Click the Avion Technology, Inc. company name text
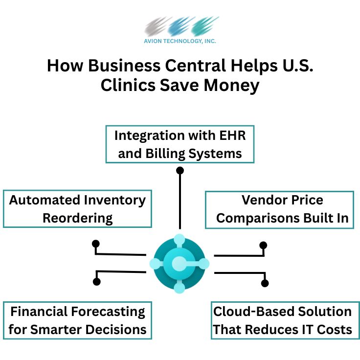click(x=180, y=41)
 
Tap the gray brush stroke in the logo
click(x=157, y=26)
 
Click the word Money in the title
click(x=231, y=86)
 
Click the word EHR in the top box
click(x=232, y=135)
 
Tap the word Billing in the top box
click(x=165, y=154)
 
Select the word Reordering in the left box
click(x=78, y=218)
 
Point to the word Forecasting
click(x=108, y=312)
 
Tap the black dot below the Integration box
click(x=180, y=171)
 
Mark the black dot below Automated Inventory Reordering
click(x=96, y=244)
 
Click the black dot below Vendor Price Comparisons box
click(x=263, y=246)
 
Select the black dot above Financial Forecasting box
click(x=97, y=281)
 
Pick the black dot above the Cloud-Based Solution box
click(x=265, y=283)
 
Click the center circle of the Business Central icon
click(x=179, y=263)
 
